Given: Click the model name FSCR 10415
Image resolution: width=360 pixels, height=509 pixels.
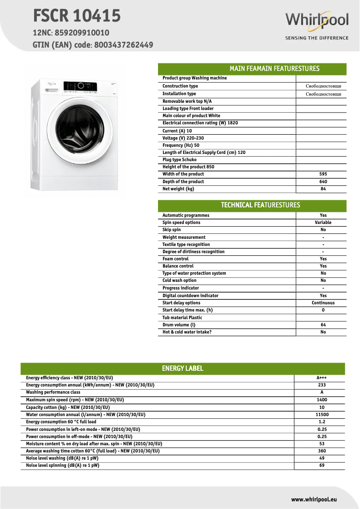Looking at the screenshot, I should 77,16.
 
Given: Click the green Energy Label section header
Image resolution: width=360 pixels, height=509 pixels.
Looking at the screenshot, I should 183,369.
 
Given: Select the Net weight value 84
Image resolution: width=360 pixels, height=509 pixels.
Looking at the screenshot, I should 323,189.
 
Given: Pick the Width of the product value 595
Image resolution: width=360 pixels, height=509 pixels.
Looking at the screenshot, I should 323,174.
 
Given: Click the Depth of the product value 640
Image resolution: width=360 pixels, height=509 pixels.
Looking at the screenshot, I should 323,182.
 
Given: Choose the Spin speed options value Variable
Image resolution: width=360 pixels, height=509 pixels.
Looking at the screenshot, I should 323,223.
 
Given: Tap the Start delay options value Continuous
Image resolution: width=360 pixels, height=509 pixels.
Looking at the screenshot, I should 323,303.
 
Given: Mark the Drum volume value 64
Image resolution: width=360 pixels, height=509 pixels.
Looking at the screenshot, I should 323,325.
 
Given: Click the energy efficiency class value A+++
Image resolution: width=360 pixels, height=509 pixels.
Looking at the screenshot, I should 321,378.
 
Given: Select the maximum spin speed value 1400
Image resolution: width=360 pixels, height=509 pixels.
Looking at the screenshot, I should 321,400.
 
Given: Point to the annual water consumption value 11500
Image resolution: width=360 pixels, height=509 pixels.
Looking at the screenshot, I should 321,415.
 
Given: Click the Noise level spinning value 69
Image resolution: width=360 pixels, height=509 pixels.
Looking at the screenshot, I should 321,465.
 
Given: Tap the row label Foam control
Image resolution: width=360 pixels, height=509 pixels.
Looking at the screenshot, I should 176,259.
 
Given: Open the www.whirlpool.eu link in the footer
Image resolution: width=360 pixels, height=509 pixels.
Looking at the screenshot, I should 314,499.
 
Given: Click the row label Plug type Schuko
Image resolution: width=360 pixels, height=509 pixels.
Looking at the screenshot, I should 180,160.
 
